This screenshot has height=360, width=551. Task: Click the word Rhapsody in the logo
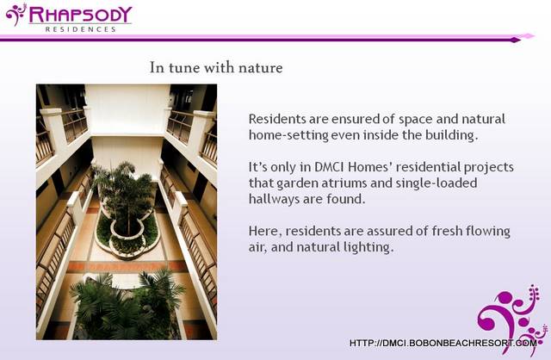click(80, 16)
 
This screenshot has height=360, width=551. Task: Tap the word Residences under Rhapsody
click(80, 29)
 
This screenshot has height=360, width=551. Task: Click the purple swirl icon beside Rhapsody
click(16, 15)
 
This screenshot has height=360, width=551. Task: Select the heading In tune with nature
click(216, 67)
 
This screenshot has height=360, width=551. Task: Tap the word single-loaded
click(436, 183)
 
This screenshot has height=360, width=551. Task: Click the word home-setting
click(288, 135)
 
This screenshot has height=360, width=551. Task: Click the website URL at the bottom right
click(443, 343)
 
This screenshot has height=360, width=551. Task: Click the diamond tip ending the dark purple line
click(516, 40)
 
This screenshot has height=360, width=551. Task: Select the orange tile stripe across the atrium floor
click(127, 266)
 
